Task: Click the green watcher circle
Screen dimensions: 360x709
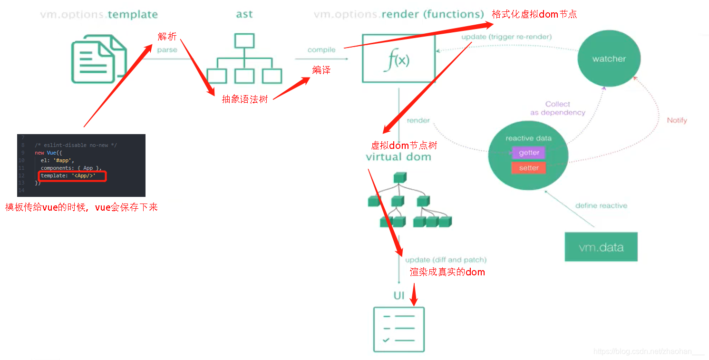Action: (609, 59)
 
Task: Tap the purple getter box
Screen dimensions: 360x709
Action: (528, 153)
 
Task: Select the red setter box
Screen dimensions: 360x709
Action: (528, 168)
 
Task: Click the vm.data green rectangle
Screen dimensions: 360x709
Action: (601, 247)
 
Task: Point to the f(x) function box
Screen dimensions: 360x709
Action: (398, 58)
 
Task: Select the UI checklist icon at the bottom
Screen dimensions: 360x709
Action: (398, 329)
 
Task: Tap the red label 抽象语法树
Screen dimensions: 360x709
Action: (245, 99)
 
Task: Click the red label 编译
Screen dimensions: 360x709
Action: (321, 70)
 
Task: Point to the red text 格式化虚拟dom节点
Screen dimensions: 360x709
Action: (534, 14)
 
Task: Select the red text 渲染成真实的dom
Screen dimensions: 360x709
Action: (447, 272)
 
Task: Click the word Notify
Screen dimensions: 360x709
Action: (677, 120)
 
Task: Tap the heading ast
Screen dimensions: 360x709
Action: (244, 14)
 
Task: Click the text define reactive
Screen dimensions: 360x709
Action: (601, 206)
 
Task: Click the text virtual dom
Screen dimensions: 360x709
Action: (398, 157)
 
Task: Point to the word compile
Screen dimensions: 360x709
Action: (321, 49)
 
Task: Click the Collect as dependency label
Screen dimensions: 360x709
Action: (557, 108)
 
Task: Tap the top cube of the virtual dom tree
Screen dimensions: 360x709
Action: (398, 178)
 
